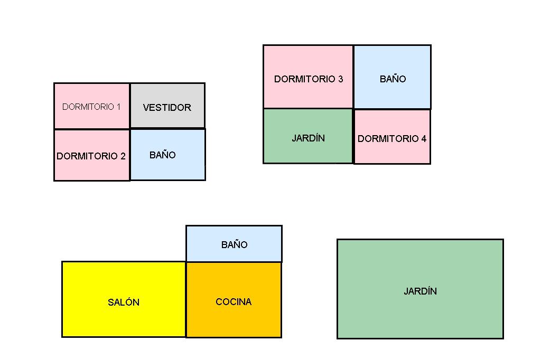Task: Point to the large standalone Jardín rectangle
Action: [x=420, y=311]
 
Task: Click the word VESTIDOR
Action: [x=167, y=108]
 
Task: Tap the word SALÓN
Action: [x=124, y=302]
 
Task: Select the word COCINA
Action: [x=234, y=302]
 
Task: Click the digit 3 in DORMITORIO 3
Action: [x=340, y=79]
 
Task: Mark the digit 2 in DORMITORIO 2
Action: [x=123, y=156]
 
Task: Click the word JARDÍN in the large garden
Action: [x=420, y=291]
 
